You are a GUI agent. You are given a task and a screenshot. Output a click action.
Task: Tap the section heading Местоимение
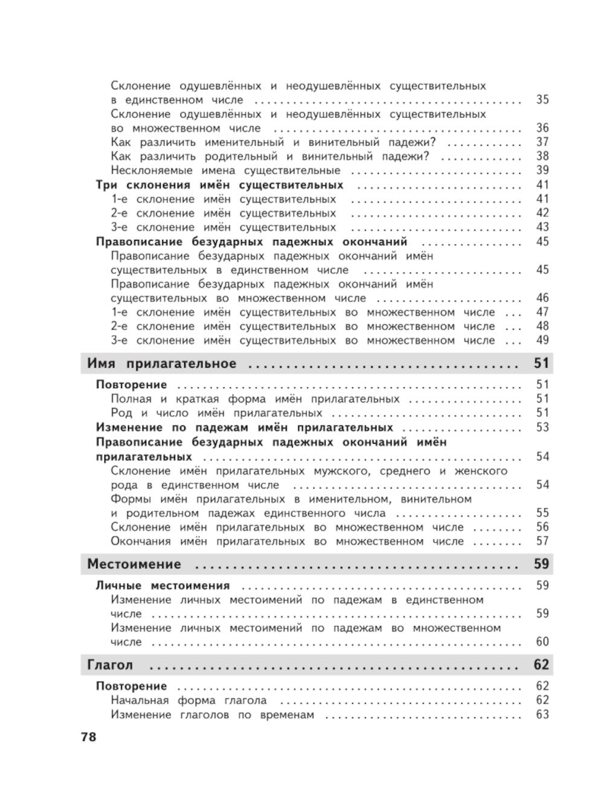[x=134, y=564]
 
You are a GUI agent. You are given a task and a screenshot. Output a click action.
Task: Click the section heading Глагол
[x=110, y=665]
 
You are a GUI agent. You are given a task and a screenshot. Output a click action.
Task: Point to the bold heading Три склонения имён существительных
[x=219, y=185]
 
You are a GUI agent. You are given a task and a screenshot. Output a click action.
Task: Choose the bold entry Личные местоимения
[x=163, y=585]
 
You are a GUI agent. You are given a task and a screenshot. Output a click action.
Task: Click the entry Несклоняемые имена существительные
[x=225, y=170]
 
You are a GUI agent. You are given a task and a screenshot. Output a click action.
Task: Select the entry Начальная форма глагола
[x=188, y=701]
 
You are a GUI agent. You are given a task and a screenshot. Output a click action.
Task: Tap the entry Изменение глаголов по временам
[x=213, y=714]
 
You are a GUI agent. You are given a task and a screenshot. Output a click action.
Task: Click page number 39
[x=542, y=170]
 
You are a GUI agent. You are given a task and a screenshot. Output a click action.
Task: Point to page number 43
[x=542, y=227]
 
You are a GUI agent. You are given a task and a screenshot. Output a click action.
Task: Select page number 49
[x=542, y=340]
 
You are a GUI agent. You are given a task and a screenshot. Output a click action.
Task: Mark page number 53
[x=542, y=427]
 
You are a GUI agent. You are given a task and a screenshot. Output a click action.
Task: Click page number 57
[x=542, y=541]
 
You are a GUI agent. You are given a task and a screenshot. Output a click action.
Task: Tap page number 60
[x=542, y=642]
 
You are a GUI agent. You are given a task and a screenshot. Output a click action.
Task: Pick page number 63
[x=542, y=714]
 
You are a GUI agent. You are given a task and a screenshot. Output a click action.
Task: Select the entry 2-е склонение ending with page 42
[x=223, y=213]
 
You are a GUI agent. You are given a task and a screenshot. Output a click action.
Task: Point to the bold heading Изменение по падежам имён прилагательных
[x=245, y=427]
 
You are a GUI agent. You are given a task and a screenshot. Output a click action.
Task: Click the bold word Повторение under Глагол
[x=131, y=686]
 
